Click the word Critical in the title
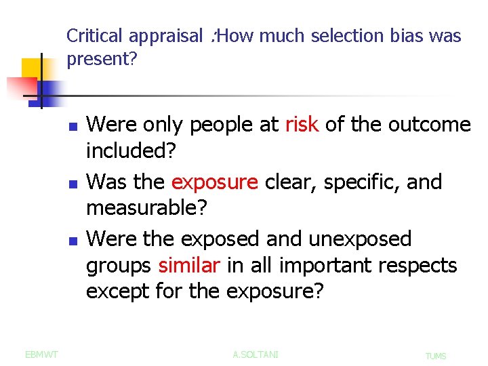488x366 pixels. [95, 36]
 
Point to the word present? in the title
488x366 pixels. [102, 59]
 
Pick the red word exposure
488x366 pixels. [214, 182]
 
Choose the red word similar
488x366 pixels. [189, 266]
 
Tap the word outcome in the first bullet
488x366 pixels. [430, 125]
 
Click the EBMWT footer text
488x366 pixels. [41, 354]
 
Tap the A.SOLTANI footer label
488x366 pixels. [256, 354]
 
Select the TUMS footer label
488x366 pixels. [436, 355]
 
